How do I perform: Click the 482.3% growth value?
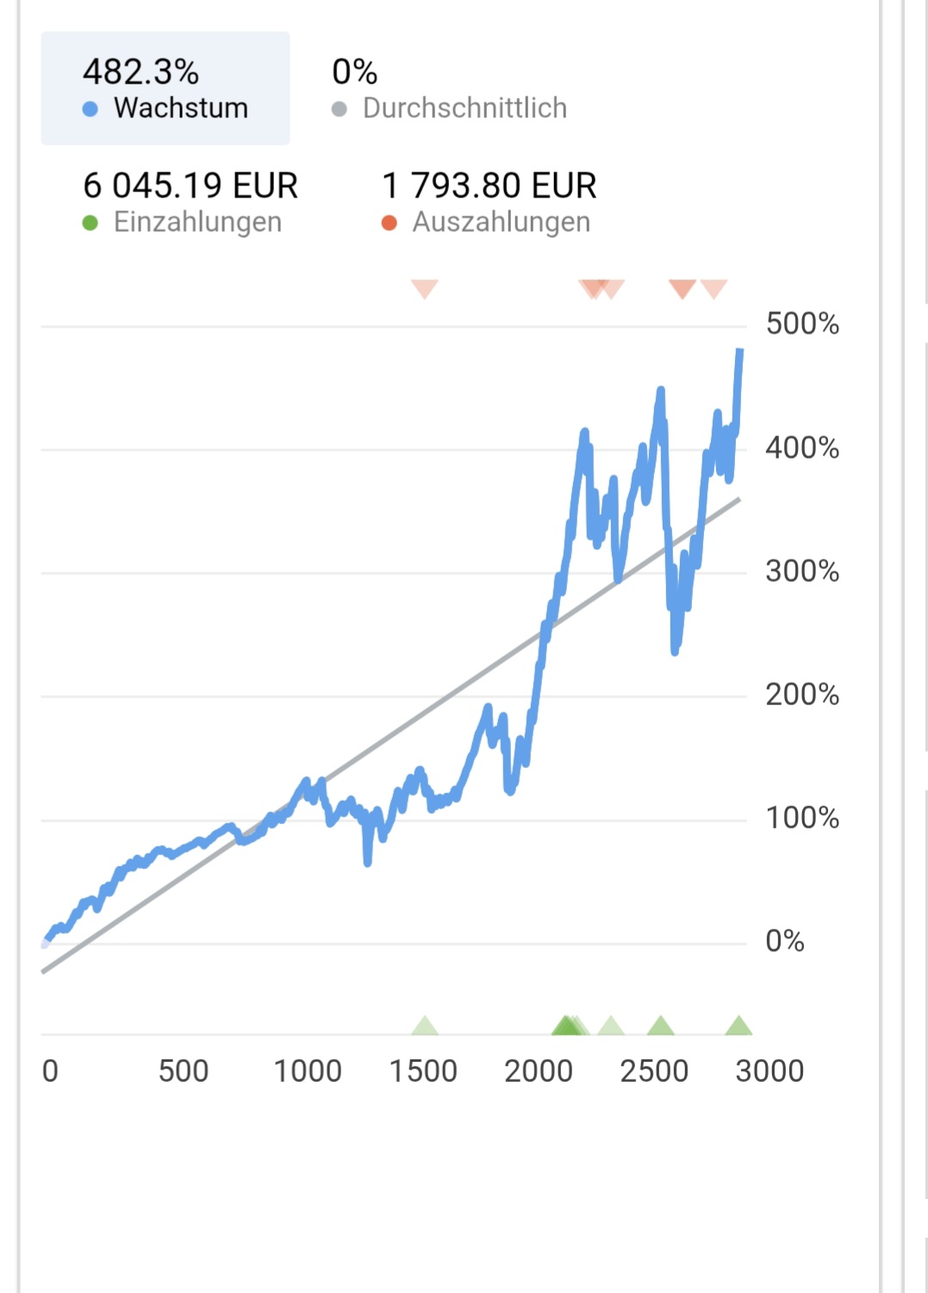click(140, 72)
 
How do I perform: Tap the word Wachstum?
click(181, 108)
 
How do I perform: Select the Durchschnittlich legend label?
click(464, 108)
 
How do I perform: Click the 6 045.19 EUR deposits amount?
click(190, 185)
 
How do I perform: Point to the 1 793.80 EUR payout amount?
click(489, 185)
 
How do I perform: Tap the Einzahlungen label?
click(197, 222)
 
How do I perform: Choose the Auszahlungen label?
click(501, 222)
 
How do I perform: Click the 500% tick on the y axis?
click(802, 324)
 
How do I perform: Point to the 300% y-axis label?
click(802, 571)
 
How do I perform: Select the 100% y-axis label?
click(802, 817)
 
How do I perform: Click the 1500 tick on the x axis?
click(423, 1071)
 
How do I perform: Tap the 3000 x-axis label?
click(769, 1071)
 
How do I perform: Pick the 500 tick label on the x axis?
click(184, 1071)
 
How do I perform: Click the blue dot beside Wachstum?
click(90, 109)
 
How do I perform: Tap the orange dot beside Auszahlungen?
click(389, 223)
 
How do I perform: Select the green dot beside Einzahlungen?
click(90, 223)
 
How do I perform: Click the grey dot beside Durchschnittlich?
click(339, 109)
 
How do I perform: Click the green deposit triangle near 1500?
click(425, 1026)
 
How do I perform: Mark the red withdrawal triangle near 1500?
click(425, 288)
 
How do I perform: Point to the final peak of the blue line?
click(740, 351)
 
